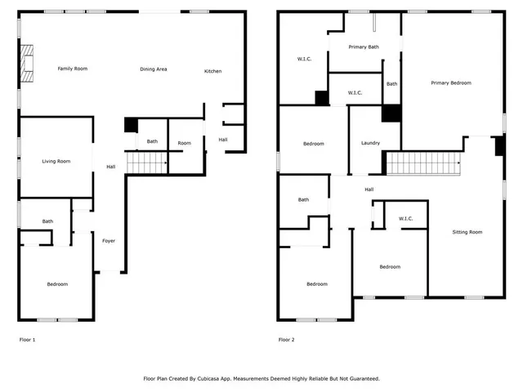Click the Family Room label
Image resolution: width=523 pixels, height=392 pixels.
[x=72, y=69]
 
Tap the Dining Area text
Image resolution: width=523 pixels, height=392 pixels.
[x=153, y=69]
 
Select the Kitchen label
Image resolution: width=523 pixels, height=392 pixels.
[x=212, y=71]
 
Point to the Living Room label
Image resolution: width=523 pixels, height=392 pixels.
[x=56, y=161]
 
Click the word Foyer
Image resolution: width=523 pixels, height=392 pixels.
[x=109, y=241]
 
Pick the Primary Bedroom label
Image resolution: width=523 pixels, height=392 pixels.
[x=451, y=82]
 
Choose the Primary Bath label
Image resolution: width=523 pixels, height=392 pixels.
[x=363, y=47]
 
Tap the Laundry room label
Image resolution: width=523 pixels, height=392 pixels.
[x=370, y=143]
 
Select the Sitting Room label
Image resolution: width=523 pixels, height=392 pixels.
[x=467, y=232]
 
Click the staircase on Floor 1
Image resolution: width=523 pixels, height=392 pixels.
[x=146, y=163]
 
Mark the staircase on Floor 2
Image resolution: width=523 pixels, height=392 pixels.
[x=424, y=163]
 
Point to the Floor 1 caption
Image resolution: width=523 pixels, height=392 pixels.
[x=27, y=339]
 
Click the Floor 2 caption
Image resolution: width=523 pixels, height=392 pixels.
[x=286, y=339]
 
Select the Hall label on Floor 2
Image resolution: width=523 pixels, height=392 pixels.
[x=369, y=189]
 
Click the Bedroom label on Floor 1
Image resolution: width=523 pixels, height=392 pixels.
[x=57, y=284]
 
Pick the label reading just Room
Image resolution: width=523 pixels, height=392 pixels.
[x=185, y=143]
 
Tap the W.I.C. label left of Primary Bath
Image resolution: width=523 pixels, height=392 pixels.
[x=304, y=59]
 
